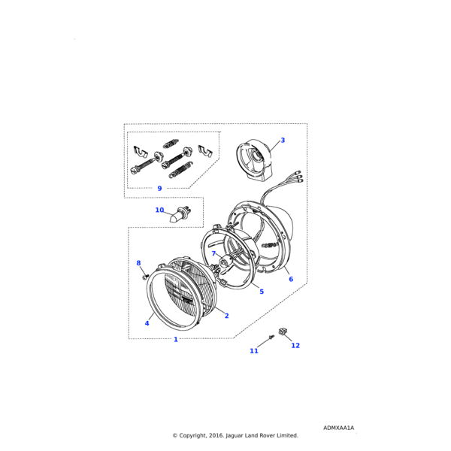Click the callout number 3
(x=283, y=140)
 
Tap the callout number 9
(x=159, y=189)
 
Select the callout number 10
(x=159, y=210)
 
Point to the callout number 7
(x=213, y=253)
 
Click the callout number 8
(x=138, y=263)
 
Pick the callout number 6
(x=291, y=279)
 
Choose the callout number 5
(x=262, y=292)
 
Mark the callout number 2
(x=227, y=316)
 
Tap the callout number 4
(x=147, y=323)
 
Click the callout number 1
(x=176, y=340)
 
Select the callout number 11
(x=254, y=351)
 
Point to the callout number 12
(x=295, y=346)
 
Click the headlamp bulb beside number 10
(x=179, y=215)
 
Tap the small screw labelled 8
(x=145, y=277)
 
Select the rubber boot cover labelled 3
(x=254, y=159)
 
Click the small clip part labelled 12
(x=283, y=331)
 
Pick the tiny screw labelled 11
(x=271, y=337)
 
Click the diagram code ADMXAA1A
(x=338, y=428)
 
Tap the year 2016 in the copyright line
(x=216, y=435)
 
